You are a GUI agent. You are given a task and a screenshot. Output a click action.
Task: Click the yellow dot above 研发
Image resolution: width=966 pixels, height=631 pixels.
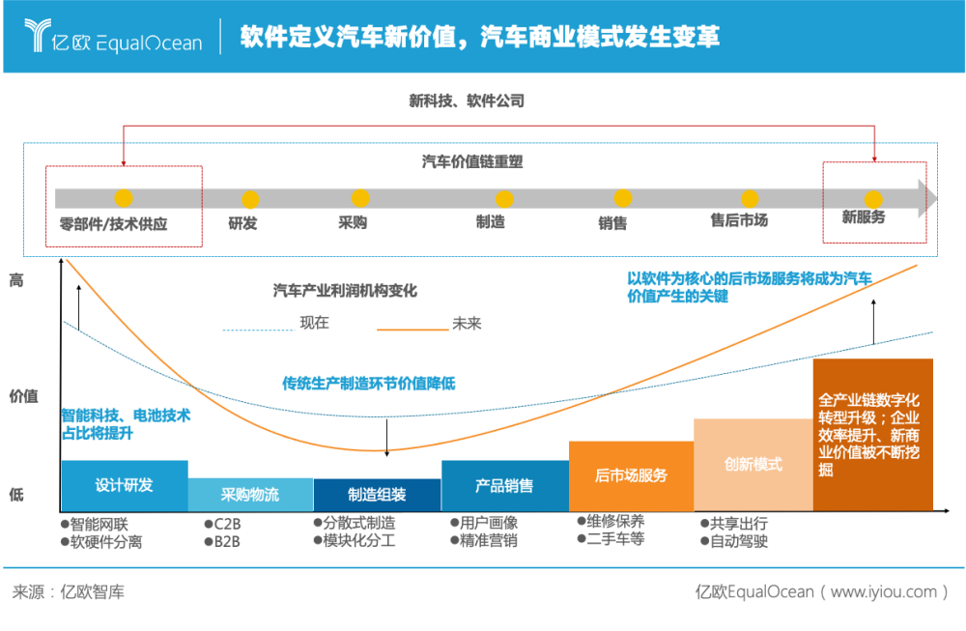pyautogui.click(x=250, y=200)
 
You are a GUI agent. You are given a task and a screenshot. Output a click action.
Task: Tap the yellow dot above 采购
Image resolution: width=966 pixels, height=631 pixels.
pyautogui.click(x=360, y=198)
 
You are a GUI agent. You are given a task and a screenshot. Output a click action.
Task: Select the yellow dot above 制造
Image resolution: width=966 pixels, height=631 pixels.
pyautogui.click(x=504, y=199)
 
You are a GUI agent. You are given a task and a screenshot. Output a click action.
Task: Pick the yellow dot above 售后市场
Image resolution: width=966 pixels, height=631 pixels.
pyautogui.click(x=750, y=199)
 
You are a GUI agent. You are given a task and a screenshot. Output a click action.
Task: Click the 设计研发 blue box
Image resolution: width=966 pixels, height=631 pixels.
pyautogui.click(x=125, y=486)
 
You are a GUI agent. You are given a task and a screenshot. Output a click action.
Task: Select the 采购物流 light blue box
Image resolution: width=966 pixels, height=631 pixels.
pyautogui.click(x=251, y=494)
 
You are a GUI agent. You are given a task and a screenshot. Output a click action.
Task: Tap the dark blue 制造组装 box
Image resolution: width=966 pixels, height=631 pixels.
pyautogui.click(x=378, y=495)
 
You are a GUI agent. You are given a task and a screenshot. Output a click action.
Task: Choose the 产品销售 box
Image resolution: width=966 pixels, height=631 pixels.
pyautogui.click(x=505, y=486)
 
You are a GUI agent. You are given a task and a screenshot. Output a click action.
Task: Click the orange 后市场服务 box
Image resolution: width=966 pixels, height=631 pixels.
pyautogui.click(x=632, y=475)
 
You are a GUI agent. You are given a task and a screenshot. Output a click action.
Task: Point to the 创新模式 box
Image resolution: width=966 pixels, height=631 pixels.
pyautogui.click(x=753, y=465)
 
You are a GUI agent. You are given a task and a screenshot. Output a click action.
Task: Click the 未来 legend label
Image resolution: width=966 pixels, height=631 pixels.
pyautogui.click(x=467, y=324)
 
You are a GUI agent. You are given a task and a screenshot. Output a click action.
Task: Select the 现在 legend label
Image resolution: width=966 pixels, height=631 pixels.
pyautogui.click(x=314, y=323)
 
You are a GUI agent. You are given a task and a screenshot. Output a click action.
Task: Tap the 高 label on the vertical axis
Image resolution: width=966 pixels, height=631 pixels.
pyautogui.click(x=16, y=280)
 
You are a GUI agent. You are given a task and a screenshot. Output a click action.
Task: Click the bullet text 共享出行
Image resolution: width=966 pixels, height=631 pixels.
pyautogui.click(x=739, y=523)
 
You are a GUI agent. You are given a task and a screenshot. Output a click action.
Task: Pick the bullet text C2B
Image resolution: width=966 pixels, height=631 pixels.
pyautogui.click(x=227, y=525)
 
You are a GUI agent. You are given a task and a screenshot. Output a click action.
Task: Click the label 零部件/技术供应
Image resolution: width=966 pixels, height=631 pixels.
pyautogui.click(x=113, y=223)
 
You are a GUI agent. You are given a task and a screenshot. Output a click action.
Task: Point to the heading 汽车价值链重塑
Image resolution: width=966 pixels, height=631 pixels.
pyautogui.click(x=472, y=161)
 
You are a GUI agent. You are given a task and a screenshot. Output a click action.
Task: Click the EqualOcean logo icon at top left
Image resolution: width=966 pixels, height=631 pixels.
pyautogui.click(x=37, y=35)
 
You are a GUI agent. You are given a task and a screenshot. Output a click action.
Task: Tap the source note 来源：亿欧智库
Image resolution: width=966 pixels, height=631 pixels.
pyautogui.click(x=69, y=592)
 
